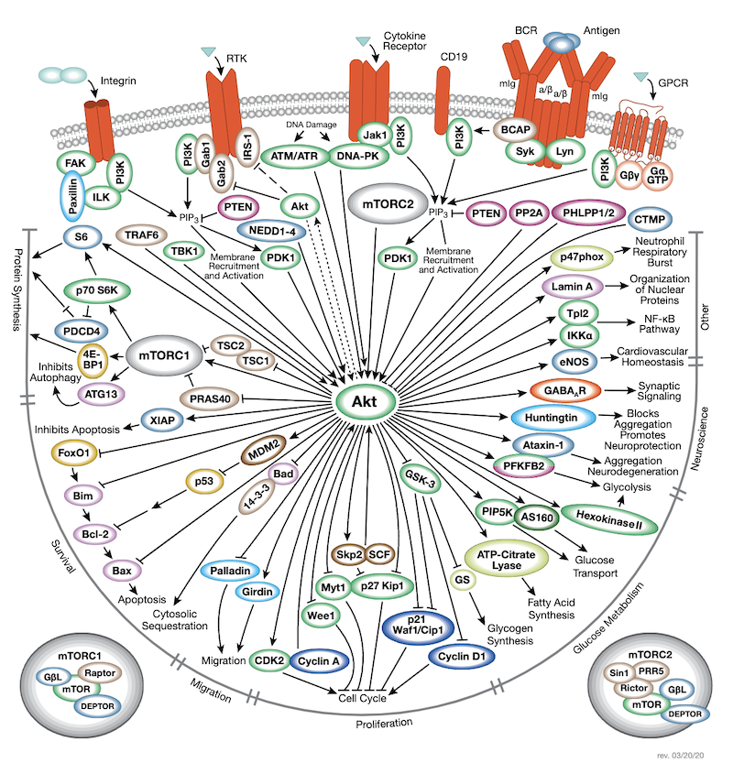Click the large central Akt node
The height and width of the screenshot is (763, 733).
point(366,400)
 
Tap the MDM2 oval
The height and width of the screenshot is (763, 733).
point(268,452)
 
